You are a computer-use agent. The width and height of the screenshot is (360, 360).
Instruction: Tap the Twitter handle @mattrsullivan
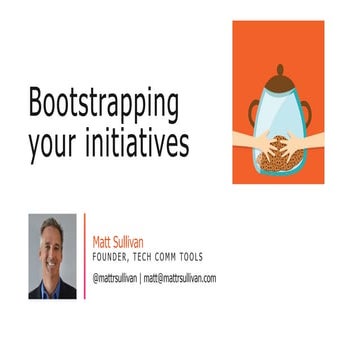click(x=118, y=278)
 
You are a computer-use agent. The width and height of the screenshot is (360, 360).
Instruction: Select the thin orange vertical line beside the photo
click(x=84, y=255)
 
